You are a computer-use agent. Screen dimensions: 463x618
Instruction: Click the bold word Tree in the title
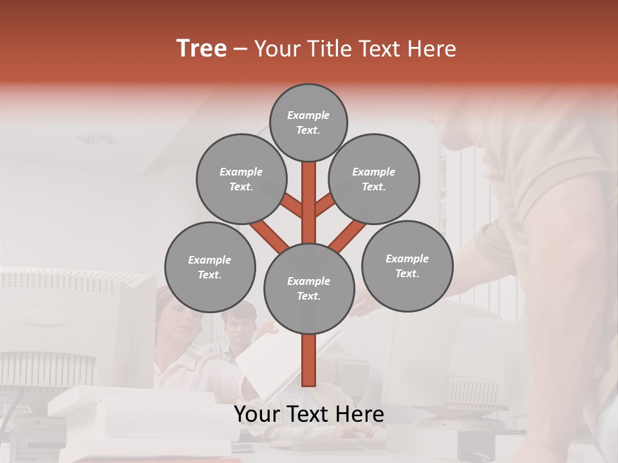pyautogui.click(x=201, y=48)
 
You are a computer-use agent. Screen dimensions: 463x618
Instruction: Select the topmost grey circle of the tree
pyautogui.click(x=308, y=122)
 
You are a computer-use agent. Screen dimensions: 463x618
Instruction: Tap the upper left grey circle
pyautogui.click(x=241, y=179)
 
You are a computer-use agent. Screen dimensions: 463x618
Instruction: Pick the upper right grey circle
pyautogui.click(x=374, y=179)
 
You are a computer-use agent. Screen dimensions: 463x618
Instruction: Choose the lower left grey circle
pyautogui.click(x=210, y=267)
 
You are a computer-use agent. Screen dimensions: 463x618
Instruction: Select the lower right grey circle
pyautogui.click(x=407, y=266)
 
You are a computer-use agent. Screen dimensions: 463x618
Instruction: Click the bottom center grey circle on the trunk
pyautogui.click(x=309, y=288)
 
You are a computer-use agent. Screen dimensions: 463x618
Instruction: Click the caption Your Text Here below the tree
pyautogui.click(x=309, y=414)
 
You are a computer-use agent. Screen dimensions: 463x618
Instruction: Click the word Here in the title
pyautogui.click(x=432, y=49)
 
